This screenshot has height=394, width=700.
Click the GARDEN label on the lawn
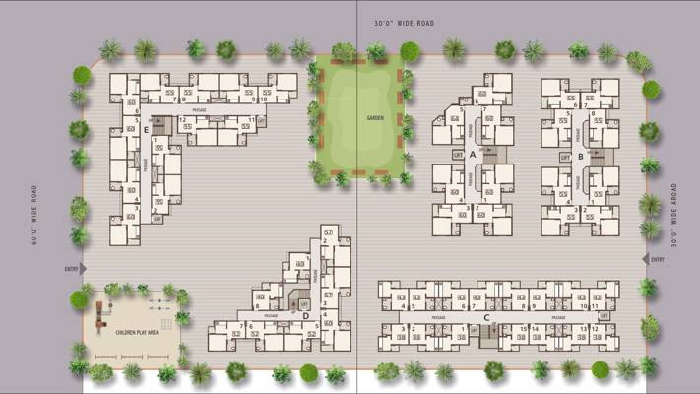point(374,117)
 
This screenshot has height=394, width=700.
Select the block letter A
point(473,155)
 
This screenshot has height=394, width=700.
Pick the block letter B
point(581,156)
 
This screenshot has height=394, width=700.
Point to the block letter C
point(486,317)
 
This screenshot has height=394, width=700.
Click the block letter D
point(306,316)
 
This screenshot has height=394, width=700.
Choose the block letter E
point(147,128)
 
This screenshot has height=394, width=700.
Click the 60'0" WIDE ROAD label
point(33,214)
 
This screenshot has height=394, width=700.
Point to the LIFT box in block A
point(457,155)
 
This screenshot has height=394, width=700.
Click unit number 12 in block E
point(183,119)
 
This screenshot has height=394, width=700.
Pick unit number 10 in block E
point(263,98)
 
